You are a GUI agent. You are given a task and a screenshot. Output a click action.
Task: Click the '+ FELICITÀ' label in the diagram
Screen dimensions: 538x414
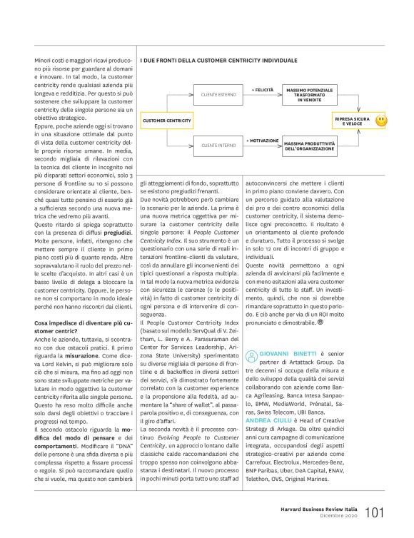pos(263,88)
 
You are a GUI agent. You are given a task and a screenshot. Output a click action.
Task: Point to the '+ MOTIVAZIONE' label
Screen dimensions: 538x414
pos(263,141)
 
